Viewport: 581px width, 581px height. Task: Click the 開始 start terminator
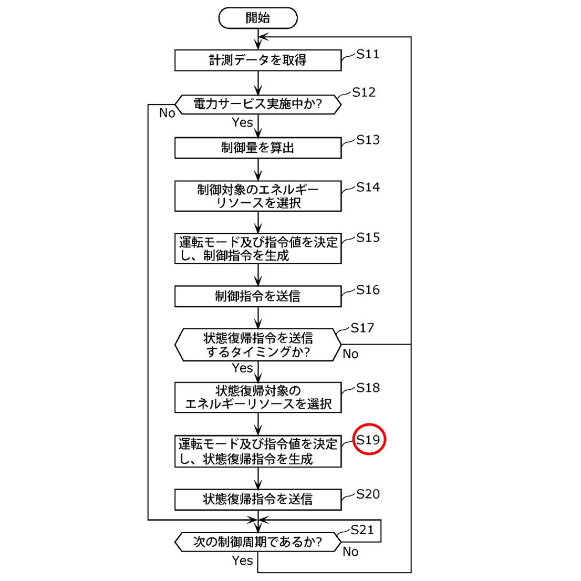tap(258, 18)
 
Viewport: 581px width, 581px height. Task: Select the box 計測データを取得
tap(258, 60)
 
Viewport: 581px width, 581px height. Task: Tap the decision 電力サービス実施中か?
tap(258, 104)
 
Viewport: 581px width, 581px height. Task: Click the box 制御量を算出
tap(258, 148)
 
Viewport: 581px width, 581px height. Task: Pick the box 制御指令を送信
tap(258, 296)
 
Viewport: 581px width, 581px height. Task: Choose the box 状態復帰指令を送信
tap(258, 499)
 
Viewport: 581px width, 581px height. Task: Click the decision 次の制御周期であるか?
tap(258, 542)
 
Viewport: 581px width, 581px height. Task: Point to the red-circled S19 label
tap(368, 440)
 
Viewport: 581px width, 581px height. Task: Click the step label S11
tap(368, 54)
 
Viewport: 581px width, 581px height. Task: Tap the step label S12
tap(364, 92)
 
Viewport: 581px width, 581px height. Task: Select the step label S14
tap(368, 188)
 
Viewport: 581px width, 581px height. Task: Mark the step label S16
tap(368, 290)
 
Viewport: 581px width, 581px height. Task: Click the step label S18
tap(368, 388)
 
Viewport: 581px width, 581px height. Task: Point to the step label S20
tap(368, 494)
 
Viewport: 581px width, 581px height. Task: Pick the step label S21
tap(362, 530)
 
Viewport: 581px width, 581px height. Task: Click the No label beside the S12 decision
tap(167, 113)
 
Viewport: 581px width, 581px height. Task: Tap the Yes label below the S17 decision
tap(242, 368)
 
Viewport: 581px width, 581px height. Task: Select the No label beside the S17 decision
tap(350, 354)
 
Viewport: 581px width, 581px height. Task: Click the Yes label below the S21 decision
tap(242, 561)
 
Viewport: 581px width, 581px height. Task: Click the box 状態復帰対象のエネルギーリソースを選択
tap(258, 398)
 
